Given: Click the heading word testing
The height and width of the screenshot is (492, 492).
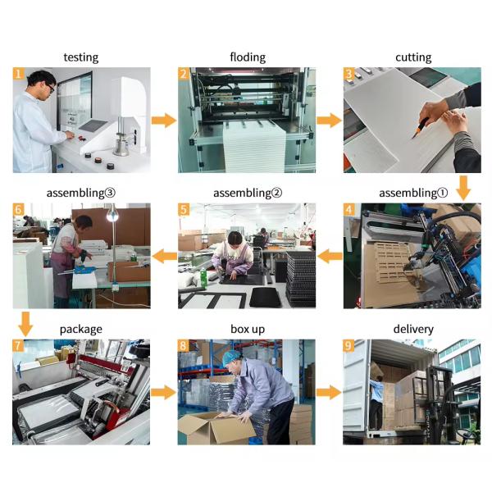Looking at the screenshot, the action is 81,57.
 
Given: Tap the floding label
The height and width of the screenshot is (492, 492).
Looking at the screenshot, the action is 248,57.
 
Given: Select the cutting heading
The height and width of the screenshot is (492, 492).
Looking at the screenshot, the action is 413,57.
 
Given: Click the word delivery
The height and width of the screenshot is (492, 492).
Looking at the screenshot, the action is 413,329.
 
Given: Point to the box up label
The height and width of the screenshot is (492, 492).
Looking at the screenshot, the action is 248,330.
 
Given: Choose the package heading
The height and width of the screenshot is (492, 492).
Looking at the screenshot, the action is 81,330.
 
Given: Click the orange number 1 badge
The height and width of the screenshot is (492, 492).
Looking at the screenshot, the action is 18,74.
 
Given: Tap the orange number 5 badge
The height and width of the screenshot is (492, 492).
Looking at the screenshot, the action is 184,210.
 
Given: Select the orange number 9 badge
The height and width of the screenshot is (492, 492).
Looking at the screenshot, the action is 348,345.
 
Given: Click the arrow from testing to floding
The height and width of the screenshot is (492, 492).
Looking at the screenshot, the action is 164,121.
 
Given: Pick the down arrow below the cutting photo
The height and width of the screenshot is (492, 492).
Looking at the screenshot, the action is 463,188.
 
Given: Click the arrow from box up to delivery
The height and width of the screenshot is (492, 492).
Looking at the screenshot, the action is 329,393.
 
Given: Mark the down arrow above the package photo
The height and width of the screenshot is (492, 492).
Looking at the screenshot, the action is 25,324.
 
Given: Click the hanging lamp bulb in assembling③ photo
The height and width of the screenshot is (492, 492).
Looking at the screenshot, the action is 112,215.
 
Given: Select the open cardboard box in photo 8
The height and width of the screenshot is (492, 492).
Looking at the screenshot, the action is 216,427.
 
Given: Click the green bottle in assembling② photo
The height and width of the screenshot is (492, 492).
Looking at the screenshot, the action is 204,280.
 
